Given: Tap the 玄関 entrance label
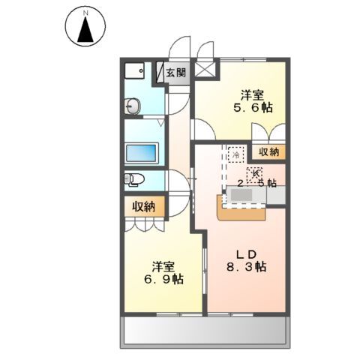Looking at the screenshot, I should pyautogui.click(x=176, y=73).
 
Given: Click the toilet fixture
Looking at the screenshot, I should pyautogui.click(x=134, y=179).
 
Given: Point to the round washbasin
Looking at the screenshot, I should pyautogui.click(x=135, y=107).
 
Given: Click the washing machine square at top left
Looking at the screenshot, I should pyautogui.click(x=136, y=73).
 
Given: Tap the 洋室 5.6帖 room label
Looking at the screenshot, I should pyautogui.click(x=252, y=101).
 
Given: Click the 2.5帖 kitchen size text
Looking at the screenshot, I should pyautogui.click(x=257, y=182).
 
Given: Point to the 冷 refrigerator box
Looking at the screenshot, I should pyautogui.click(x=235, y=154).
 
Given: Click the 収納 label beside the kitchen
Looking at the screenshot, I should pyautogui.click(x=268, y=152).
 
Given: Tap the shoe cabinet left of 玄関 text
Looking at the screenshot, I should pyautogui.click(x=160, y=73).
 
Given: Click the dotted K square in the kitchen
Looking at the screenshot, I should pyautogui.click(x=247, y=172).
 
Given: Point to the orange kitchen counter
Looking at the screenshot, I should pyautogui.click(x=243, y=211).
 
